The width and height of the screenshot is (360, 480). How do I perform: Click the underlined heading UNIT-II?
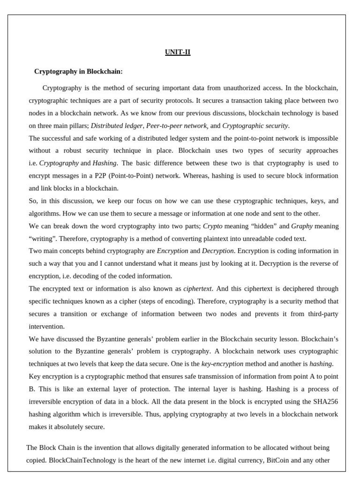tap(178, 52)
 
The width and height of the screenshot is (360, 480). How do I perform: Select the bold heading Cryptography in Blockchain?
tap(78, 71)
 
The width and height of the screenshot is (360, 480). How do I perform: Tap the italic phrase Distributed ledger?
tap(117, 126)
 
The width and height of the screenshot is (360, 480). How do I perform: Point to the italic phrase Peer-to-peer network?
tap(176, 126)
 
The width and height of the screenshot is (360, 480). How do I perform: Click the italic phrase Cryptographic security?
tap(255, 126)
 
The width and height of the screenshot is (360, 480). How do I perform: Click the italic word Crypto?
tap(212, 226)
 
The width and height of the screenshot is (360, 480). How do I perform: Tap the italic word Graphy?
tap(302, 226)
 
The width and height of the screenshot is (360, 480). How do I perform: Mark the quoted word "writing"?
tap(42, 238)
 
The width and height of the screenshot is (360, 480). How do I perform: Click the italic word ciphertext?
tap(197, 288)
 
